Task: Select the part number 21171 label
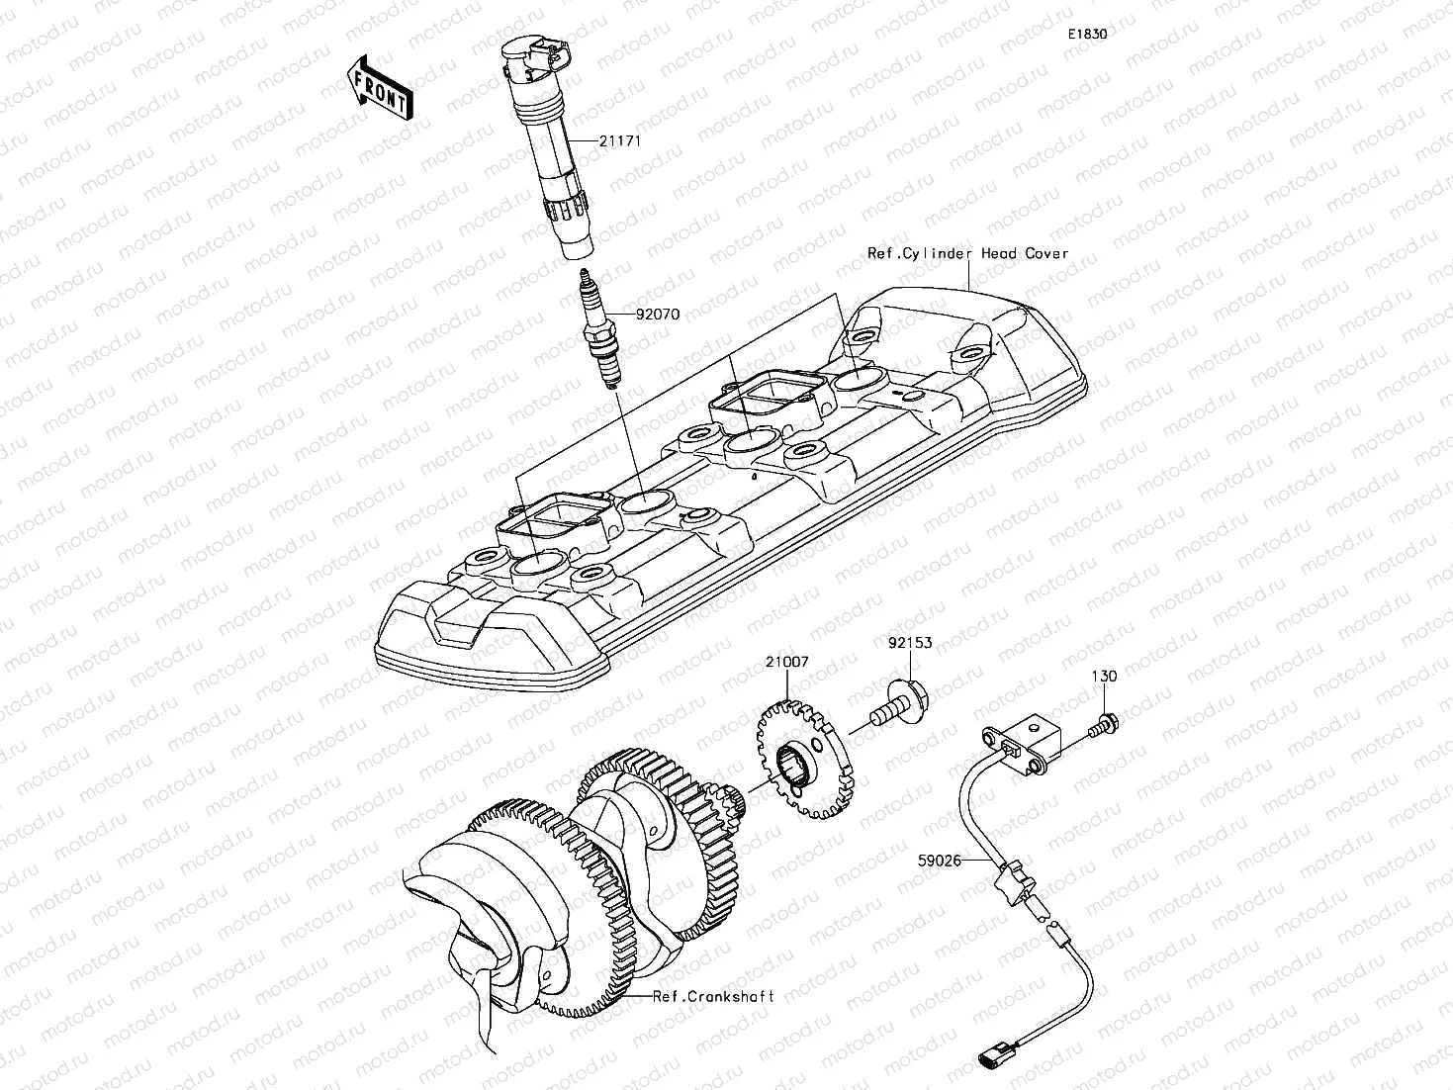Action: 620,140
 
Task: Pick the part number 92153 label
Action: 908,643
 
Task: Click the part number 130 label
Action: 1104,677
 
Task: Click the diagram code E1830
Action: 1087,34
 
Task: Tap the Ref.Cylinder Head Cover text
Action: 967,253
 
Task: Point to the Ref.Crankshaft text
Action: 713,996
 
